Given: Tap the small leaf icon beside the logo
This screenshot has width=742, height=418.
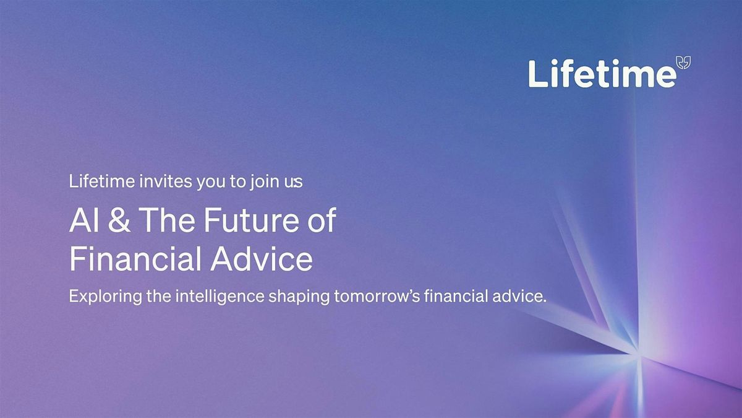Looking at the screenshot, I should [684, 62].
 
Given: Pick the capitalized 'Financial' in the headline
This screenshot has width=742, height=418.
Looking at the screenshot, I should [134, 259].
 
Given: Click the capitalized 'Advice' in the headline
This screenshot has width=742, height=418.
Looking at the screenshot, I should [261, 259].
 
